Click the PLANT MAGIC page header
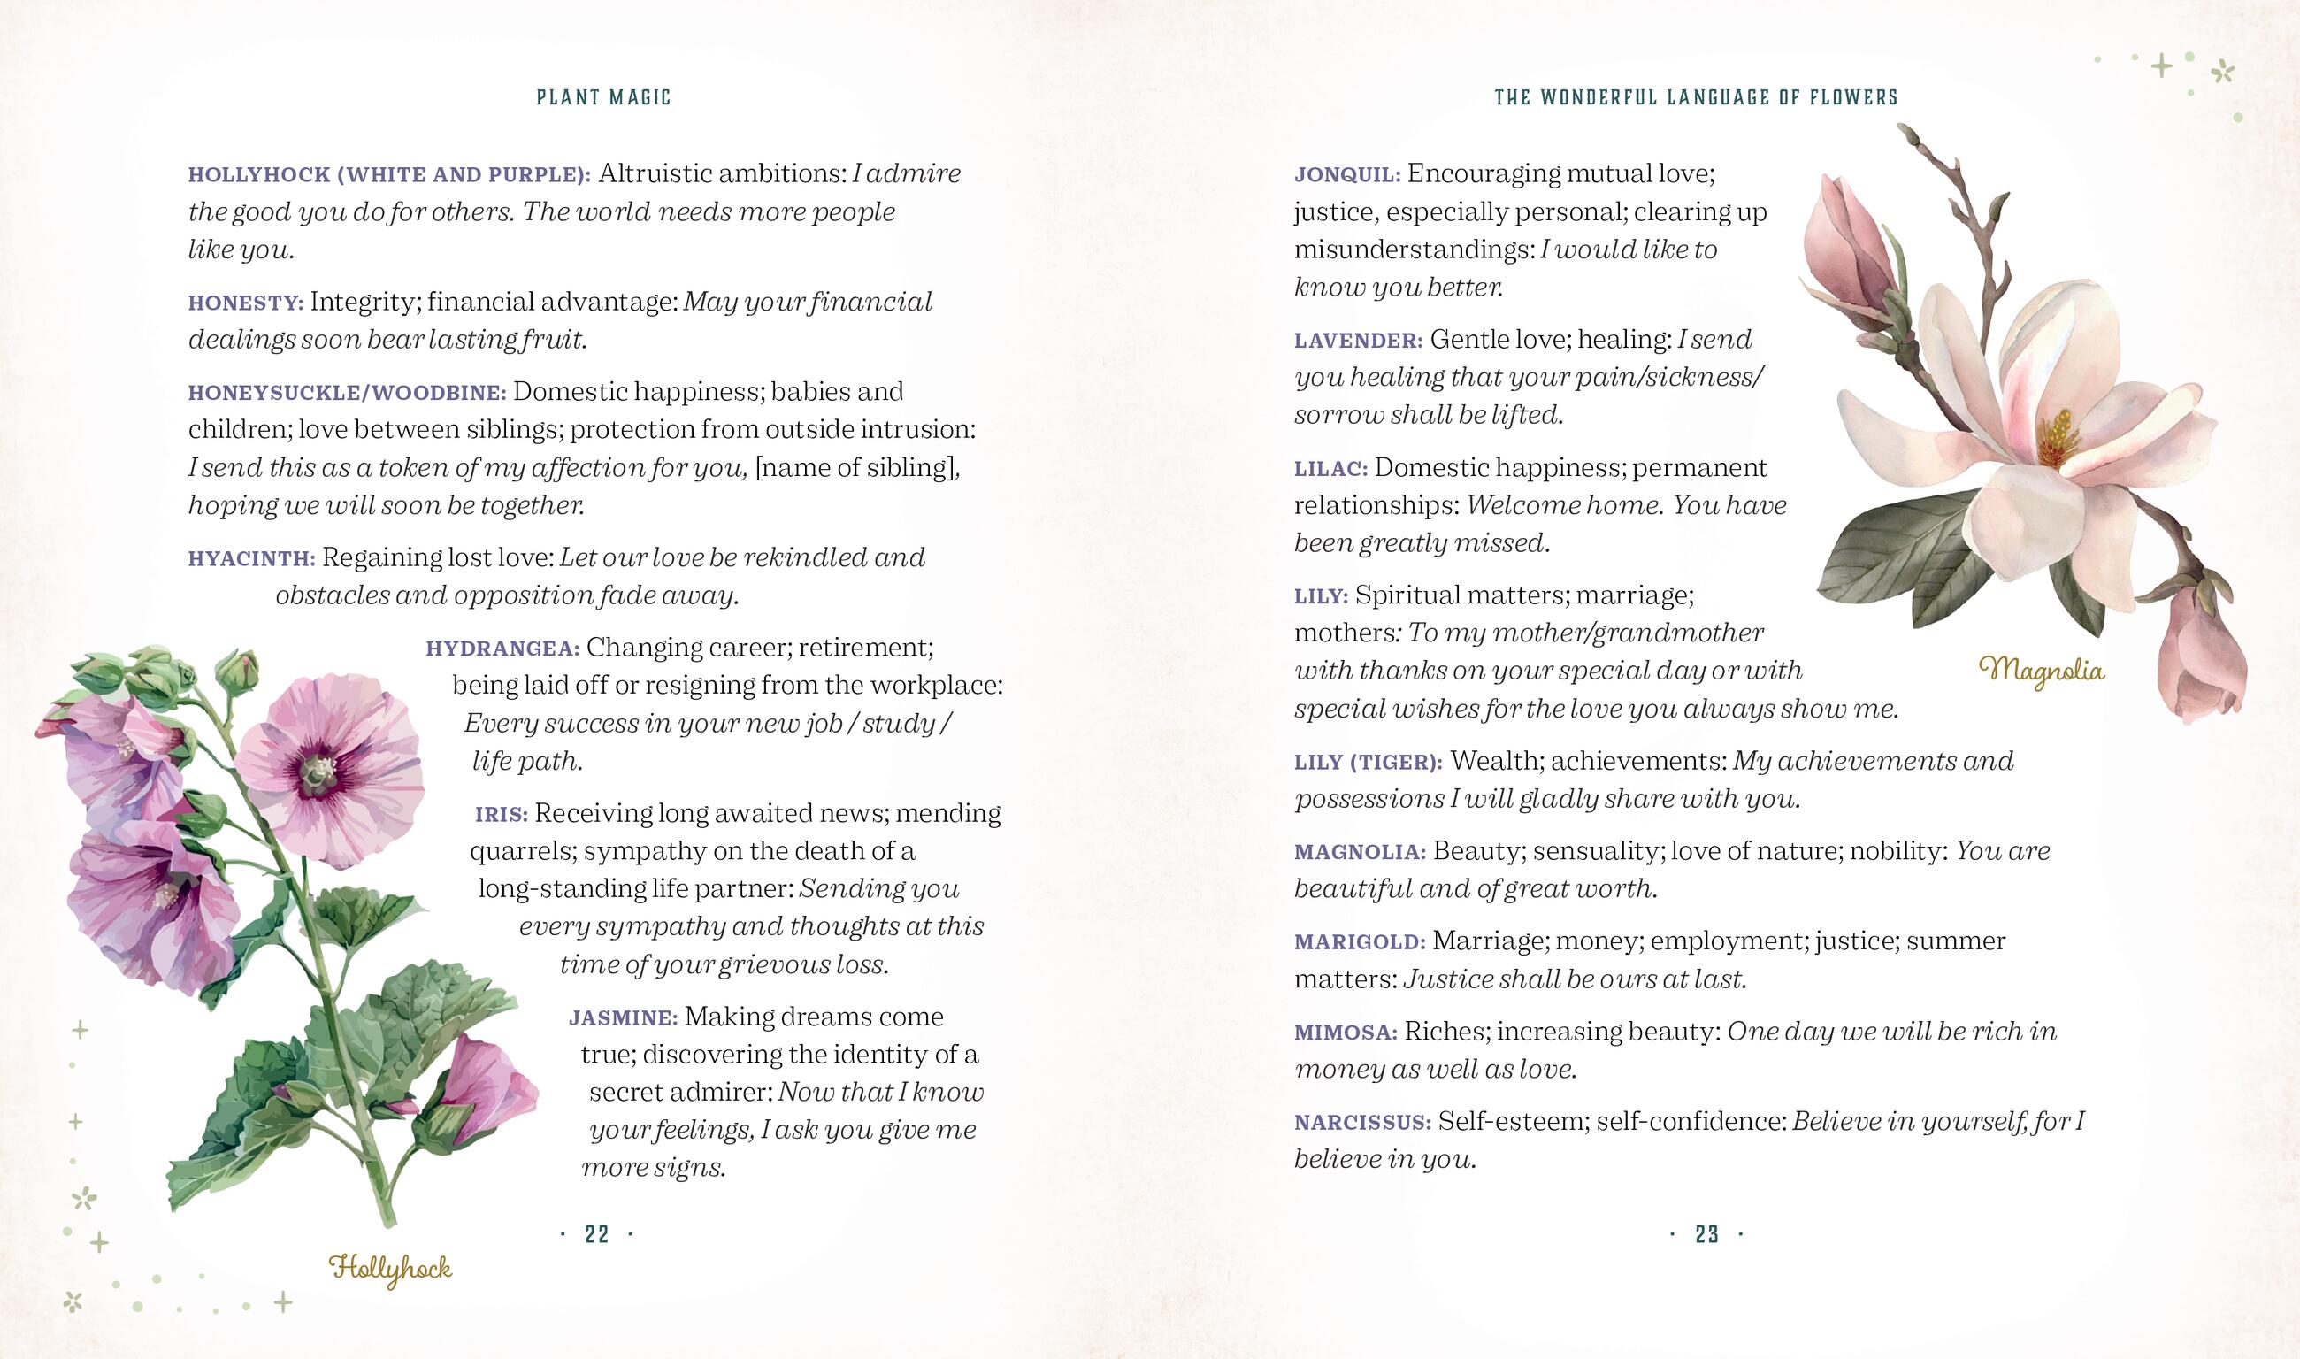[603, 97]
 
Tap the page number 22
[597, 1234]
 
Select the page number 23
[1706, 1234]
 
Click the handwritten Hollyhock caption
[391, 1270]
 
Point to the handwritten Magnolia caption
[2042, 672]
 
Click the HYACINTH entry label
[252, 558]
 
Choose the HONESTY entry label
[245, 303]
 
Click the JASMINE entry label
[624, 1018]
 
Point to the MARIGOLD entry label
[1360, 942]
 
